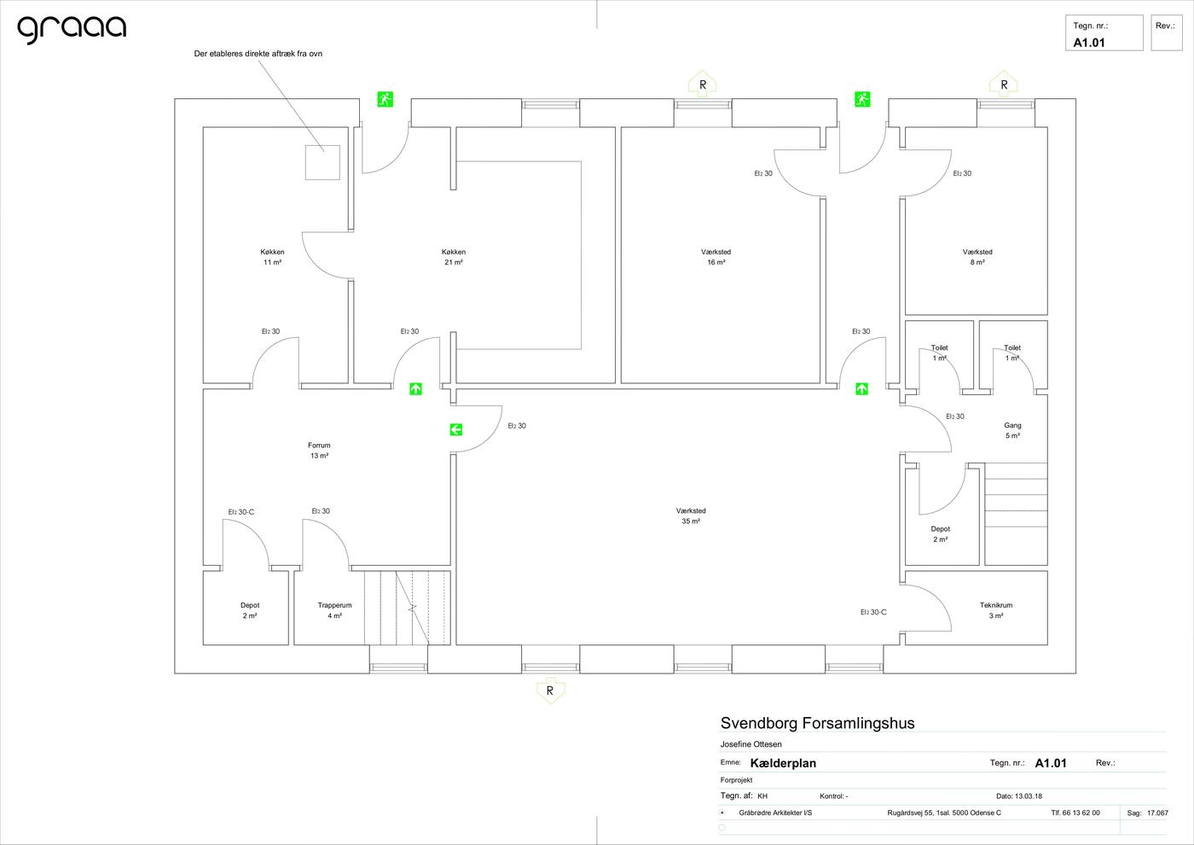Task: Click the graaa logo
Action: click(x=72, y=29)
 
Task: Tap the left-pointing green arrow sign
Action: click(x=455, y=429)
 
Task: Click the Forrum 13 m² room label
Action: click(x=319, y=451)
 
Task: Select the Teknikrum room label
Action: click(x=996, y=610)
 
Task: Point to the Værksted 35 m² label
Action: click(x=691, y=516)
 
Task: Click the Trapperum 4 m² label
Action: click(x=334, y=610)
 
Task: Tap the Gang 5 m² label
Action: click(x=1013, y=430)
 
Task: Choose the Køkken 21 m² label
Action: click(x=454, y=257)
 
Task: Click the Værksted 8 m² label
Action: click(x=977, y=257)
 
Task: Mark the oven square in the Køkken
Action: click(x=322, y=162)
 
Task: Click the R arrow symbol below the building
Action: click(x=550, y=691)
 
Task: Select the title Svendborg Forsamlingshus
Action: click(x=817, y=723)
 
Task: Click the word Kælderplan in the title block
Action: click(x=783, y=763)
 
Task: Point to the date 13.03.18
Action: click(x=1029, y=795)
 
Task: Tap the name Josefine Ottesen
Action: click(x=751, y=744)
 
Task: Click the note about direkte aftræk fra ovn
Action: click(x=258, y=54)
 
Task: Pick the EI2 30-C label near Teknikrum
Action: click(x=873, y=613)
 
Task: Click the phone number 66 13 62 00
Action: click(x=1081, y=813)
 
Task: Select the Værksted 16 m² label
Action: click(x=716, y=257)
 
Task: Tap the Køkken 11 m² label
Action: click(x=272, y=257)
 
